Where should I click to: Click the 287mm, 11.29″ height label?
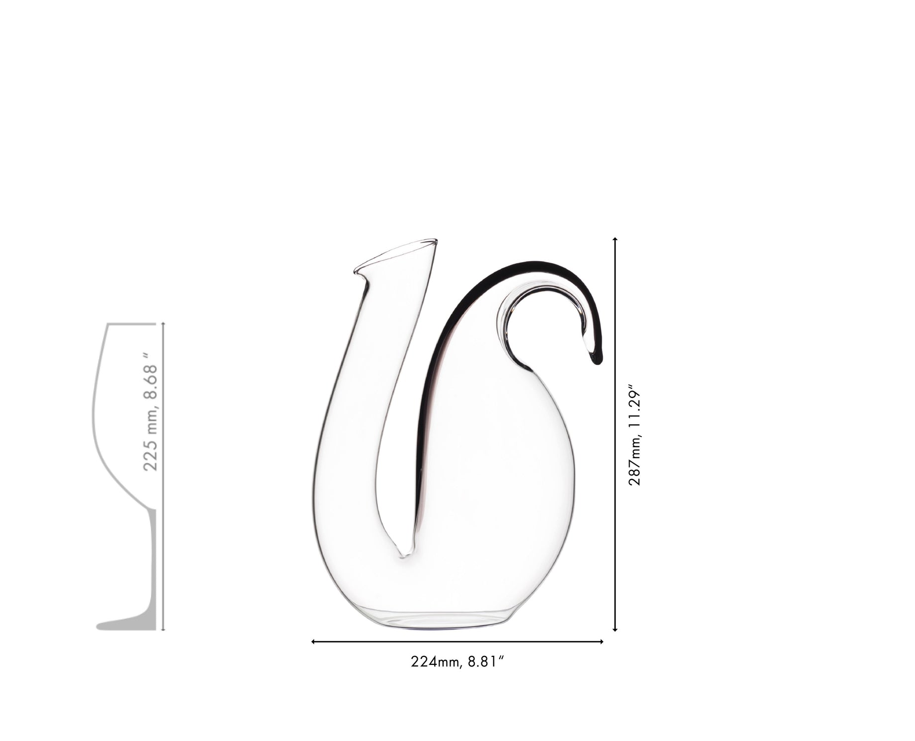[x=635, y=435]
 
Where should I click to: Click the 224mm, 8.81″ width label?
[x=458, y=662]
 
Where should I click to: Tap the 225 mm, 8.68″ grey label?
[x=150, y=417]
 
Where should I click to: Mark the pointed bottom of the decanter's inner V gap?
[x=404, y=555]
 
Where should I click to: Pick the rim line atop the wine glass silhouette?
[x=132, y=324]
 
